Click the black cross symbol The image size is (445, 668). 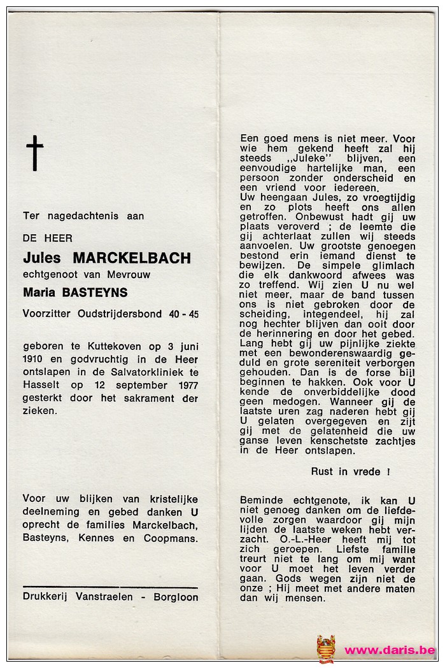tap(35, 153)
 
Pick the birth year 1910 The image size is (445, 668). tap(33, 359)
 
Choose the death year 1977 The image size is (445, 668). tap(185, 386)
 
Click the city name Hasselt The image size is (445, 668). tap(40, 386)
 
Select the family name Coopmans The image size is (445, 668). tap(173, 538)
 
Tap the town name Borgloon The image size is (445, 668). tap(176, 597)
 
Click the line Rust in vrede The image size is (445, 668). tap(350, 471)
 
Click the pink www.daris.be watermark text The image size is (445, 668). tap(390, 650)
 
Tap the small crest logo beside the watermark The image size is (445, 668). tap(326, 649)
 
